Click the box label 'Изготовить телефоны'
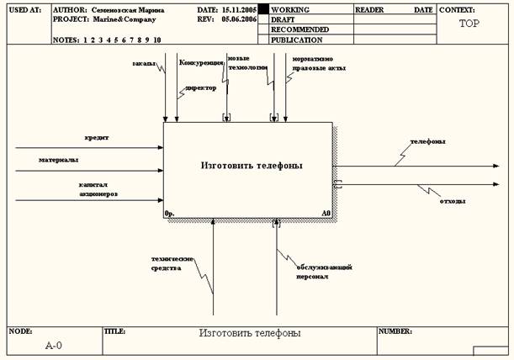tap(252, 166)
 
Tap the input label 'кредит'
tap(96, 136)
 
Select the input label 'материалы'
tap(58, 159)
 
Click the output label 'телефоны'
tap(427, 140)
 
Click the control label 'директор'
tap(200, 87)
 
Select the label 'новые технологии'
tap(246, 63)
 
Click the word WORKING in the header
tap(291, 9)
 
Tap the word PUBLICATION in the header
tap(296, 40)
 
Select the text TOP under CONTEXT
tap(470, 24)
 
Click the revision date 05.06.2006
tap(241, 19)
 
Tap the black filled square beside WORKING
tap(263, 9)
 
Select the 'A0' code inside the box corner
tap(326, 214)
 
